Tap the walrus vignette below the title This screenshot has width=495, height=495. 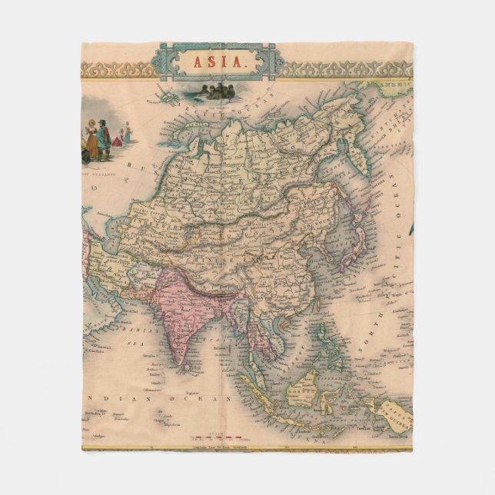click(x=215, y=91)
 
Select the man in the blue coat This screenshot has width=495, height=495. click(x=103, y=137)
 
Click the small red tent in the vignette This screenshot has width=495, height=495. click(x=117, y=141)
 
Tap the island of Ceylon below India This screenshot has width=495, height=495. click(x=187, y=360)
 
